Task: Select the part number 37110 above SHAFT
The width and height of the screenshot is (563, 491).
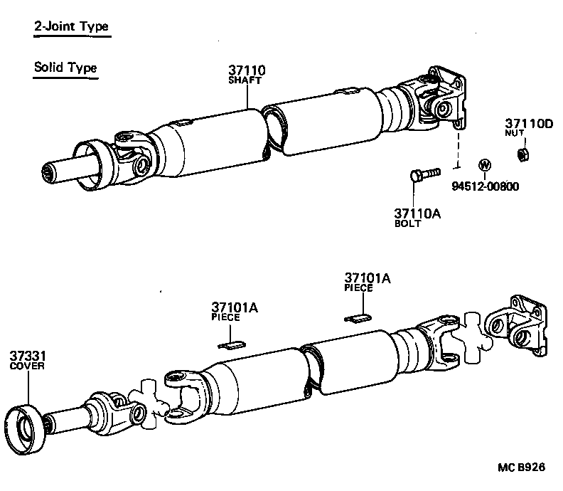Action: click(247, 70)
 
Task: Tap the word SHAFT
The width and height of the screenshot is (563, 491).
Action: click(245, 81)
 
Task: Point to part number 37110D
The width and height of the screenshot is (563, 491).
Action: click(529, 123)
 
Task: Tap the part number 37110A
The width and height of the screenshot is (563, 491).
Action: click(418, 212)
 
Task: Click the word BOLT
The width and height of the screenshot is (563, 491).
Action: click(408, 223)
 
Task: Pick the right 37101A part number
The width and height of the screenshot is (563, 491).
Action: click(368, 279)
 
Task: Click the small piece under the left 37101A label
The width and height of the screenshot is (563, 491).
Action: click(231, 345)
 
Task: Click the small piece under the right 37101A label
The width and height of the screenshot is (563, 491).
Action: click(359, 317)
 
